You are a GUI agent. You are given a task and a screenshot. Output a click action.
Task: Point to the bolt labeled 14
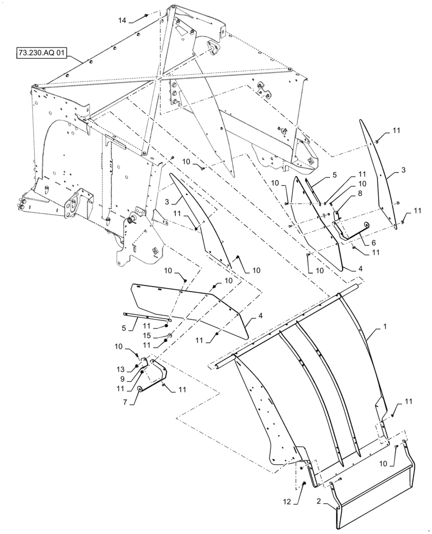click(145, 17)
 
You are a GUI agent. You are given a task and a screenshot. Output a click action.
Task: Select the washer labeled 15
click(169, 336)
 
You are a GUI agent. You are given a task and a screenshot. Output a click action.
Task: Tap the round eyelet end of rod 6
click(367, 225)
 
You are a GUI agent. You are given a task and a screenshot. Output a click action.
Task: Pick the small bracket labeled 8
click(338, 216)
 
